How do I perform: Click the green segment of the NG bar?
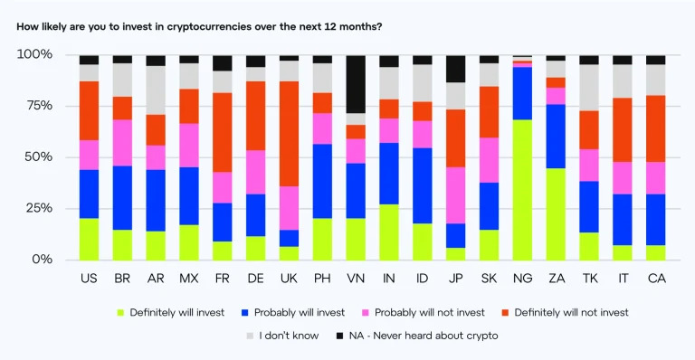[522, 189]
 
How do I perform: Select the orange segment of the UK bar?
[289, 134]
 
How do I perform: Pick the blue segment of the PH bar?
[323, 181]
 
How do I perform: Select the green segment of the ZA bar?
[556, 213]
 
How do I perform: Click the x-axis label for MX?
[189, 279]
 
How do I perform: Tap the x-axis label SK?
[489, 279]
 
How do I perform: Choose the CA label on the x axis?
[655, 279]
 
